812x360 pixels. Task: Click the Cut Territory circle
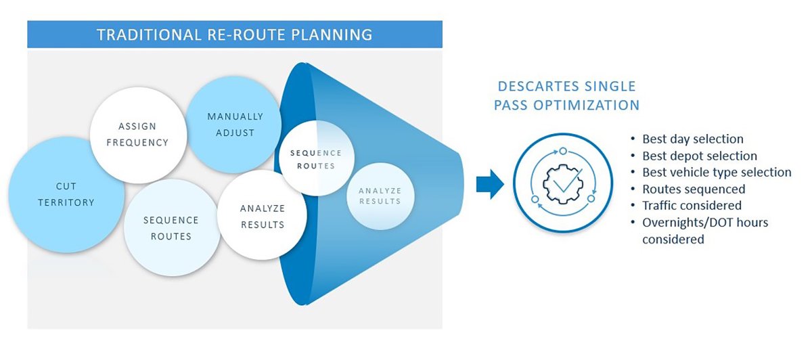coord(66,195)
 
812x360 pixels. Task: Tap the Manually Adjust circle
coord(234,125)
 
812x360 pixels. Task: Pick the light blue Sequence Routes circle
coord(171,228)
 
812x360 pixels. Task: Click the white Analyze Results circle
coord(262,216)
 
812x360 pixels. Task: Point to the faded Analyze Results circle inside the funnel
coord(379,196)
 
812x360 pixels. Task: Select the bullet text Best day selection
coord(692,139)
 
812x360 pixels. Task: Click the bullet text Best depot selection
coord(699,156)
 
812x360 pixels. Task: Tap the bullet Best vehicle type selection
coord(716,172)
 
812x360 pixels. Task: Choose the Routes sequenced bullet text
coord(693,189)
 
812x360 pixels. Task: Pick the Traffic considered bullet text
coord(692,205)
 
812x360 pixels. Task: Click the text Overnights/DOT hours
coord(705,222)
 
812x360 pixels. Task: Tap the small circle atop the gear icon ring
coord(562,150)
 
